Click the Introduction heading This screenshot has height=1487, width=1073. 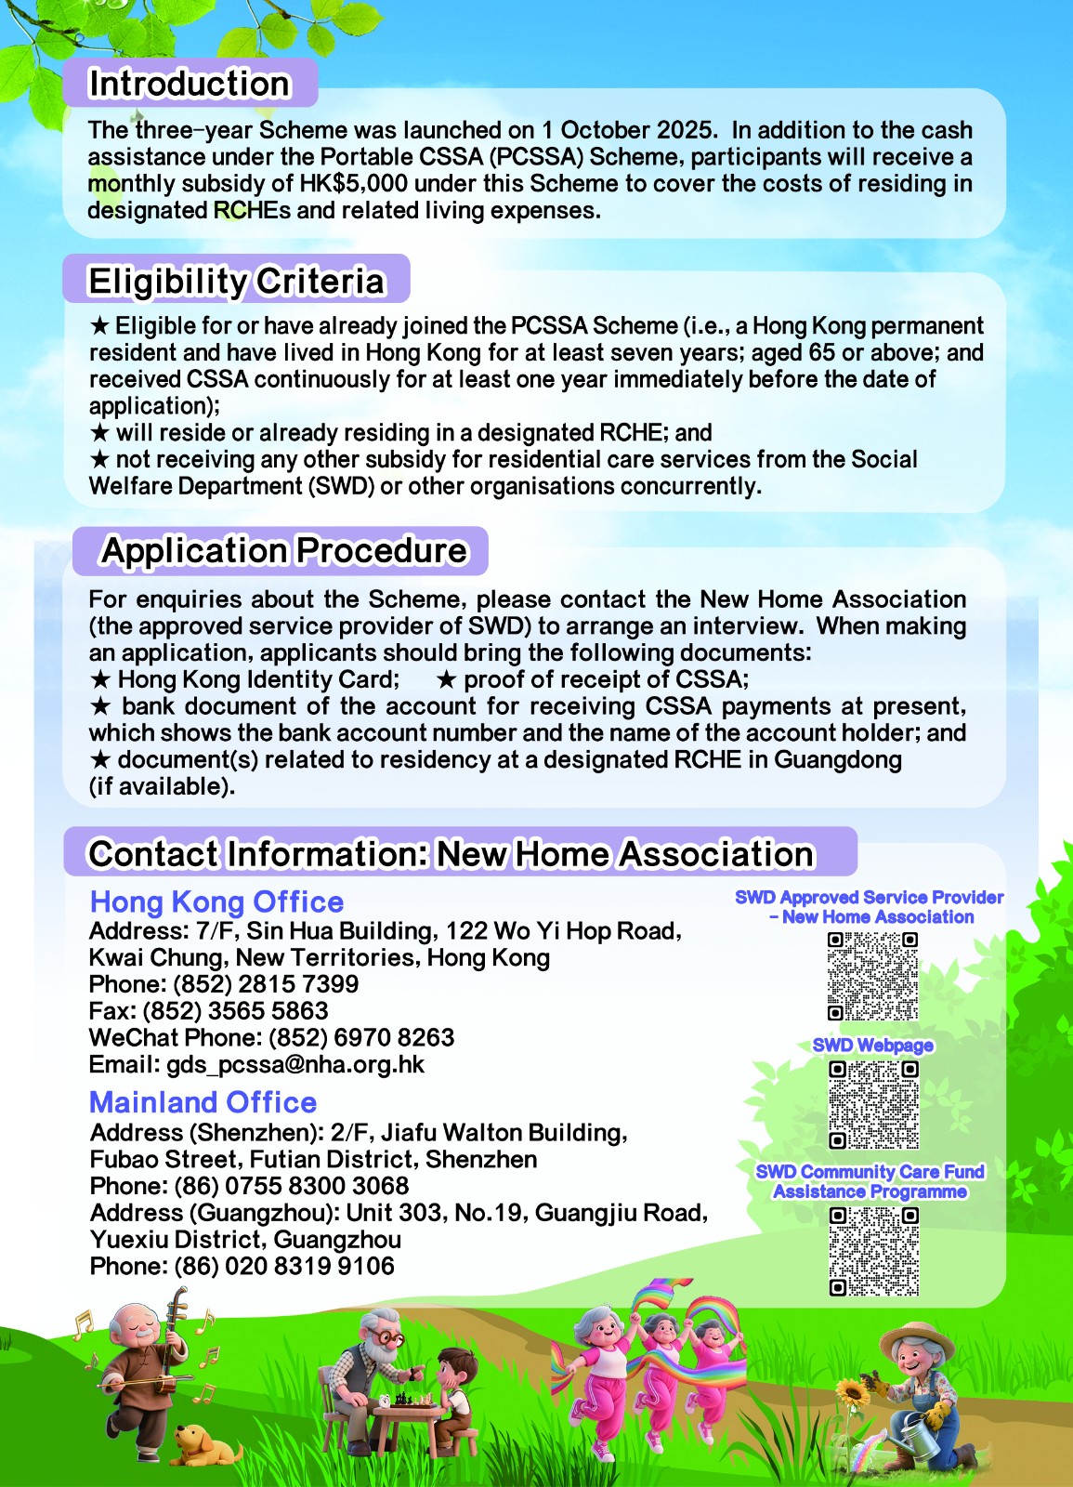tap(189, 84)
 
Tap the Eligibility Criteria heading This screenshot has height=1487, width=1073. tap(236, 281)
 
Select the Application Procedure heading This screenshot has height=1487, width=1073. tap(283, 550)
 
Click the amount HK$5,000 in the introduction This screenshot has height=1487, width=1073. tap(353, 183)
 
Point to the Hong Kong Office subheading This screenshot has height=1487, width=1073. tap(216, 901)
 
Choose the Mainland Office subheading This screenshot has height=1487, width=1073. tap(203, 1102)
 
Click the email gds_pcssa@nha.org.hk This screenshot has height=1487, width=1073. tap(294, 1064)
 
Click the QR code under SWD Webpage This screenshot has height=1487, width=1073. tap(873, 1105)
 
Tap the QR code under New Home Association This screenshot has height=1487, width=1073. tap(873, 976)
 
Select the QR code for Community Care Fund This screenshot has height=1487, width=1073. tap(873, 1251)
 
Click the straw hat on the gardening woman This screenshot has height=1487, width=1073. tap(915, 1338)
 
